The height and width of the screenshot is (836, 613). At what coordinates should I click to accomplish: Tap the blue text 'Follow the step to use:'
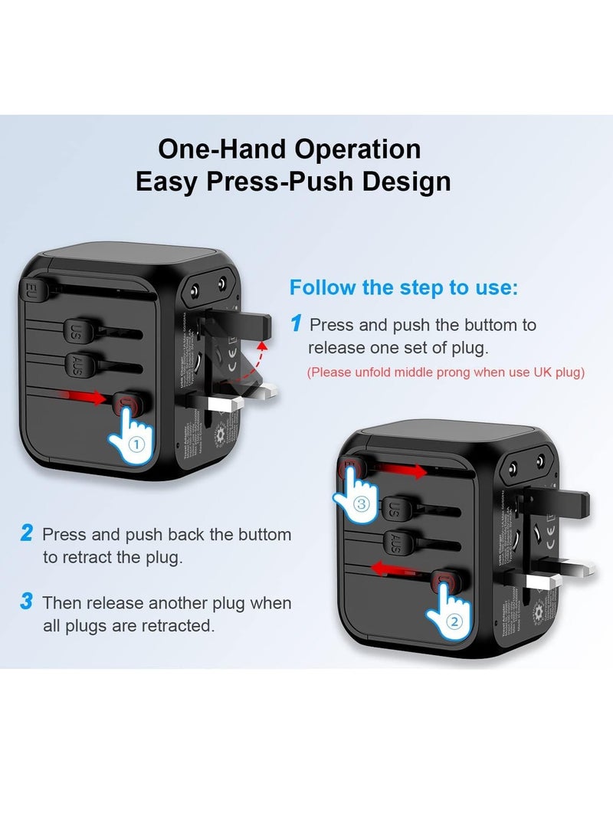(x=404, y=288)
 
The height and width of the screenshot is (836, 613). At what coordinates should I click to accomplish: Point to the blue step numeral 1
(x=296, y=324)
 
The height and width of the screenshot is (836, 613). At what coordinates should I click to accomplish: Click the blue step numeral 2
(x=27, y=533)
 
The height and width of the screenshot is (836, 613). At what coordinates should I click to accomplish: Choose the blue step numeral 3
(x=27, y=602)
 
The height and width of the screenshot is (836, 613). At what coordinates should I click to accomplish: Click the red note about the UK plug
(x=446, y=372)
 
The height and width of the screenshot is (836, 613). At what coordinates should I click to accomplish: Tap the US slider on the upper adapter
(x=81, y=333)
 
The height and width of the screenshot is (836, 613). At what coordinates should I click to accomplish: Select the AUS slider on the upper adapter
(x=80, y=363)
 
